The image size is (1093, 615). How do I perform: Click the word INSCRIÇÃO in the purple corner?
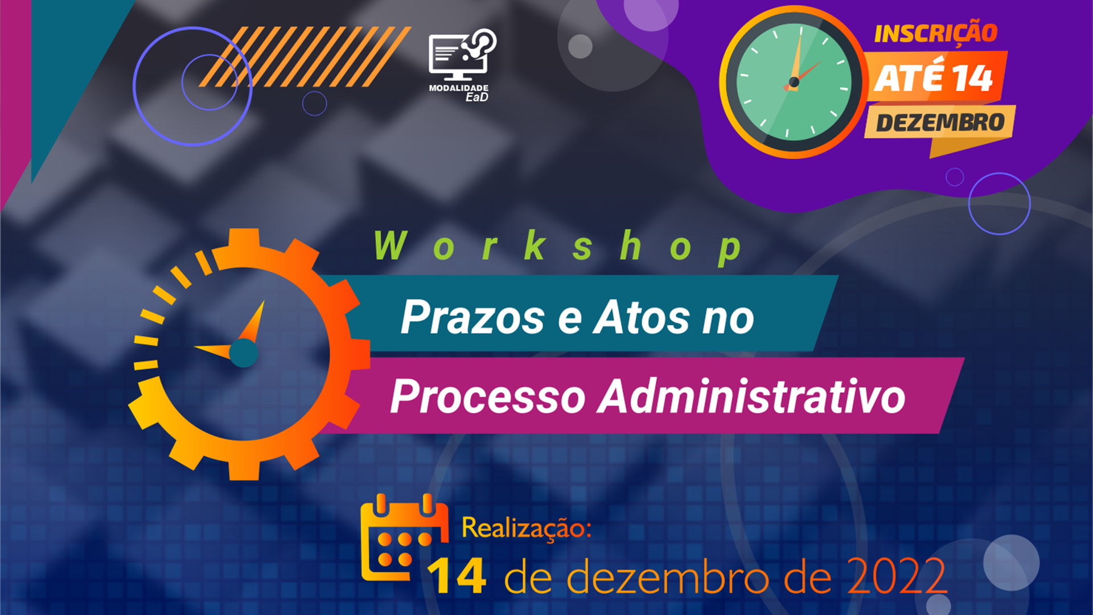coord(936,34)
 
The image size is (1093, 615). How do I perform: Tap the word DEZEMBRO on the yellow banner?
coord(940,122)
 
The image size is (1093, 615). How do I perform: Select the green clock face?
coord(794,82)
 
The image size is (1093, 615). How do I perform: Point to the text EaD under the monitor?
coord(477,97)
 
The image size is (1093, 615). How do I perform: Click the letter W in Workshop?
coord(391,246)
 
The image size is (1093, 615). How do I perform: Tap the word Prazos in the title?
coord(473,317)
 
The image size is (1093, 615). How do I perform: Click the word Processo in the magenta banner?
coord(488,396)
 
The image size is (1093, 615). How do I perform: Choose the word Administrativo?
coord(751,396)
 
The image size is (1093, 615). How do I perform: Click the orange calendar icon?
coord(404,538)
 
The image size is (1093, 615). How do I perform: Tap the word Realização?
coord(527,528)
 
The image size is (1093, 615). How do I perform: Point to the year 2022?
coord(897,576)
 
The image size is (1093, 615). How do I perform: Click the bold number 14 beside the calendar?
coord(457,576)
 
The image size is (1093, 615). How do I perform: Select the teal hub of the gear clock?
coord(244,353)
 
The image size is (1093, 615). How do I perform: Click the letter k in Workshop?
coord(535,246)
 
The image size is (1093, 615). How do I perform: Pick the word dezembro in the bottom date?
coord(667,576)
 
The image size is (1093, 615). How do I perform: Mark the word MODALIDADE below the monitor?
coord(459,88)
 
